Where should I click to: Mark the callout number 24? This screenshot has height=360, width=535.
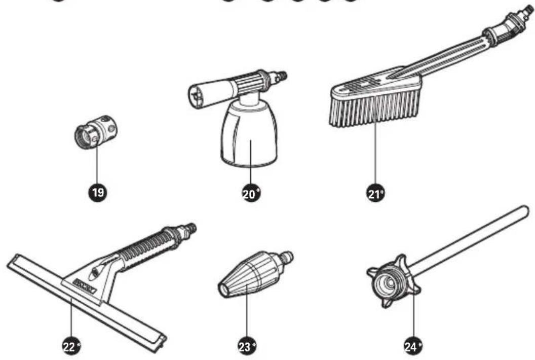412,346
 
